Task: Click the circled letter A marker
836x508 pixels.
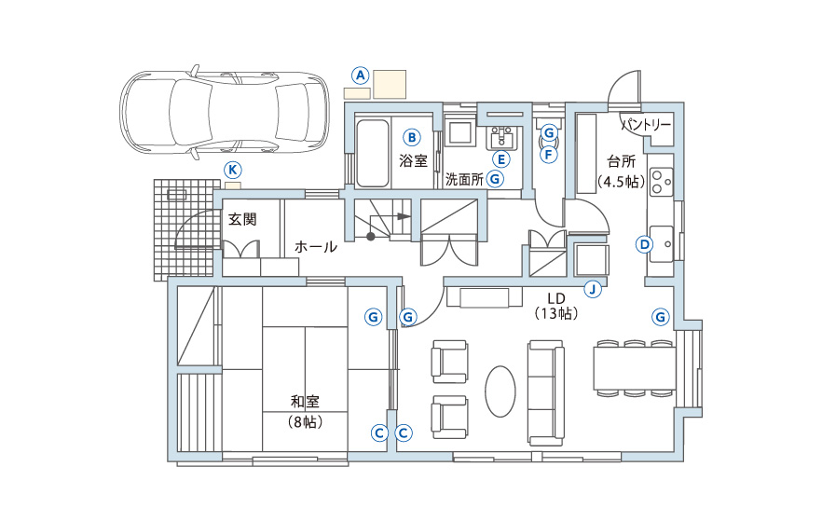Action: pos(361,76)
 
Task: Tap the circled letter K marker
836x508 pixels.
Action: pos(232,170)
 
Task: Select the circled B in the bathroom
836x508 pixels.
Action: pos(412,138)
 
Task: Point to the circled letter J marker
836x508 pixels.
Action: pos(593,289)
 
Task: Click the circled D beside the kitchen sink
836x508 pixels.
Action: pos(645,244)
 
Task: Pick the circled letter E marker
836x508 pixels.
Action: pos(500,158)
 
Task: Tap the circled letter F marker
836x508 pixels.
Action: pos(548,155)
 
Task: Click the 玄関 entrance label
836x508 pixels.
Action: pos(242,219)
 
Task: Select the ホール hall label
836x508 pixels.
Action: pos(316,247)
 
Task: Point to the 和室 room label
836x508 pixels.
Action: pos(305,401)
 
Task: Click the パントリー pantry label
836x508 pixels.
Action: pos(646,125)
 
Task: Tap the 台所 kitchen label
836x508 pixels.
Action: pos(622,161)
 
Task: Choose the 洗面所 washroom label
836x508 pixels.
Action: pos(464,179)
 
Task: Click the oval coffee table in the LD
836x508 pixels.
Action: pos(500,391)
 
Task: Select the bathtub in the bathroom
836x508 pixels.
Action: pos(372,154)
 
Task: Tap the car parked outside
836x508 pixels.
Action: pos(224,113)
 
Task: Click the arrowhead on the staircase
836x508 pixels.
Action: pos(404,216)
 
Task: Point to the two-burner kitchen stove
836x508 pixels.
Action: pos(661,181)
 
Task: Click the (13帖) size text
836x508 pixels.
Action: pos(556,313)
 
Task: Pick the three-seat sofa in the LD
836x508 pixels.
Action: pos(546,393)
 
